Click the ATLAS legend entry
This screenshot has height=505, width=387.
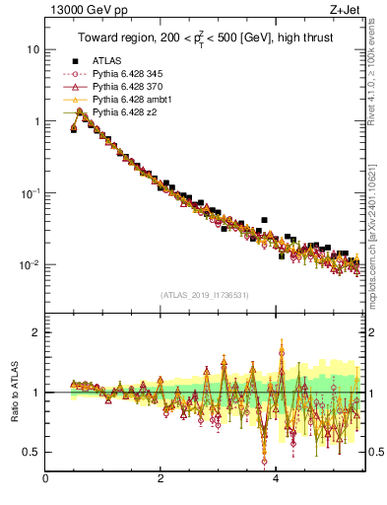point(106,62)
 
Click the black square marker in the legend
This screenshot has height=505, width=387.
point(75,62)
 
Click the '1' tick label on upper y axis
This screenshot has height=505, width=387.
point(36,121)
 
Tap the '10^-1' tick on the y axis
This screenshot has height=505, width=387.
point(31,193)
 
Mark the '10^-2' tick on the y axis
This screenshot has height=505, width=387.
point(31,265)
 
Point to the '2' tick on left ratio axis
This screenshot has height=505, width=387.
point(36,333)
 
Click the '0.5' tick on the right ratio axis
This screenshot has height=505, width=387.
point(375,452)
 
